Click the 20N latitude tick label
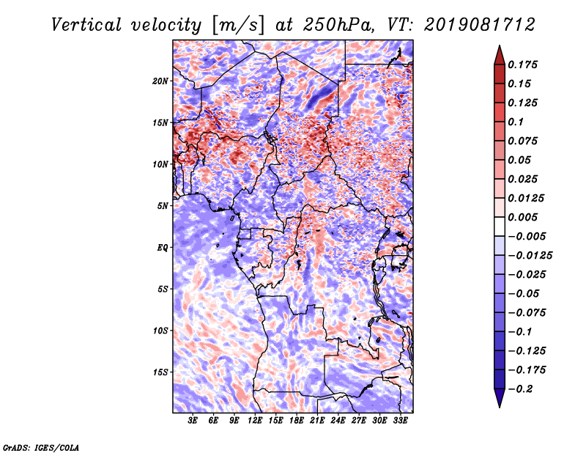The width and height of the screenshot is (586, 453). coord(160,81)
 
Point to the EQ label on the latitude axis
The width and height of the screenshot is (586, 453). coord(163,248)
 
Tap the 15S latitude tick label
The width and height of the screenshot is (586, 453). coord(160,372)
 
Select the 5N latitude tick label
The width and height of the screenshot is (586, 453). coord(163,206)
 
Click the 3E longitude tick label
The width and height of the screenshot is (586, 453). coord(193,421)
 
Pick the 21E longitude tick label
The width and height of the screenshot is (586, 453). coord(317,421)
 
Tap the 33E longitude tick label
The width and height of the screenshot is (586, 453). coord(400,421)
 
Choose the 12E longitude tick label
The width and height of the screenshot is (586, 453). coord(254,421)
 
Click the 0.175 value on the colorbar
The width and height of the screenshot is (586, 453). coord(522,65)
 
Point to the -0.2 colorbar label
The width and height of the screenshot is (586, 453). coord(520,389)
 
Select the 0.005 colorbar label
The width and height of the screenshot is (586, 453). coord(522,217)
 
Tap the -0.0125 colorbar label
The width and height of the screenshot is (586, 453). coord(530,256)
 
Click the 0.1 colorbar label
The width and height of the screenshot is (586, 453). coord(516,122)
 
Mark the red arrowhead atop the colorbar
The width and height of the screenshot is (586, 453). coord(500,55)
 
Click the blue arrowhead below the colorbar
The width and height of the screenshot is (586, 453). coord(500,398)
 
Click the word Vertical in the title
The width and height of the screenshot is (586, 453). coord(86,25)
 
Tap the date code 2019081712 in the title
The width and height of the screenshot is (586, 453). coord(480,25)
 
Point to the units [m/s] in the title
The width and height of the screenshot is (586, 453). coord(238,26)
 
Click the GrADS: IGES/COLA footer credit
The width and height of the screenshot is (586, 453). coord(41,448)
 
